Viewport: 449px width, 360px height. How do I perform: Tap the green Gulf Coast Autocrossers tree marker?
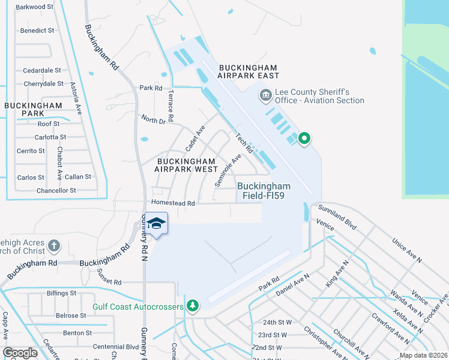click(192, 307)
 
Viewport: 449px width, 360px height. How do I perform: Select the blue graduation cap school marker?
click(157, 224)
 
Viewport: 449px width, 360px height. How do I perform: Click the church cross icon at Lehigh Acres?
click(54, 245)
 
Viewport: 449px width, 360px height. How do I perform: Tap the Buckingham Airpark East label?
click(249, 71)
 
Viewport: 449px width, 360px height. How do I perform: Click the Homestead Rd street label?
click(173, 203)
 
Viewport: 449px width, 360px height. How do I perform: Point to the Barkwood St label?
click(35, 7)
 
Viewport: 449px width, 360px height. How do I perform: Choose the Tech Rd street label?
click(243, 142)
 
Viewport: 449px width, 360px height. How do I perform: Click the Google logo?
click(20, 353)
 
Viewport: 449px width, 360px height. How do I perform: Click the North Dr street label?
click(153, 121)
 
